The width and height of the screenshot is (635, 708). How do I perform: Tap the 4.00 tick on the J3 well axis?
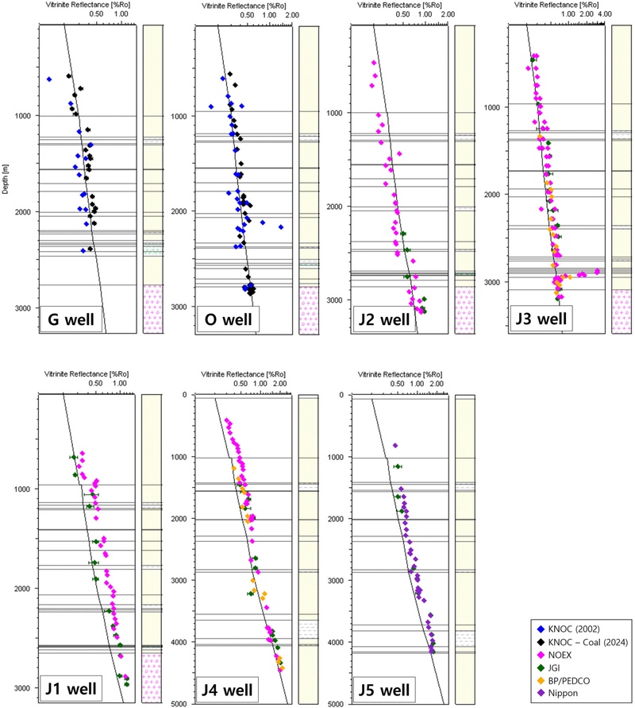(x=604, y=15)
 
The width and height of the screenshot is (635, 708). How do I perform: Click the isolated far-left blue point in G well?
(x=49, y=79)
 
